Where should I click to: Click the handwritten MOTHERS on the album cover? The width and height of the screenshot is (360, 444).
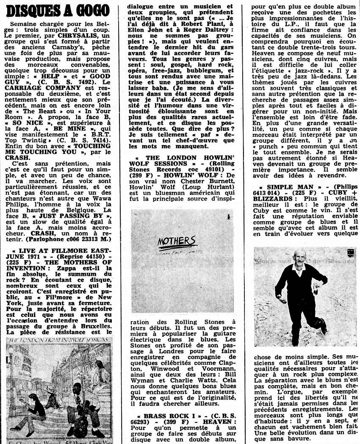pos(177,242)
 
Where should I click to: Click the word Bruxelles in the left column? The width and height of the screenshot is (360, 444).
pos(94,325)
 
